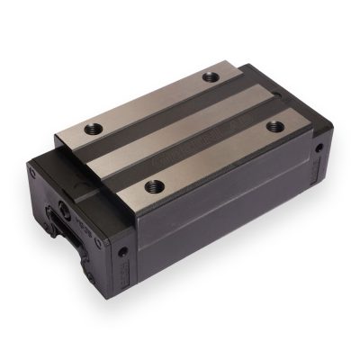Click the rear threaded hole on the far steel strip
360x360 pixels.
211,76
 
